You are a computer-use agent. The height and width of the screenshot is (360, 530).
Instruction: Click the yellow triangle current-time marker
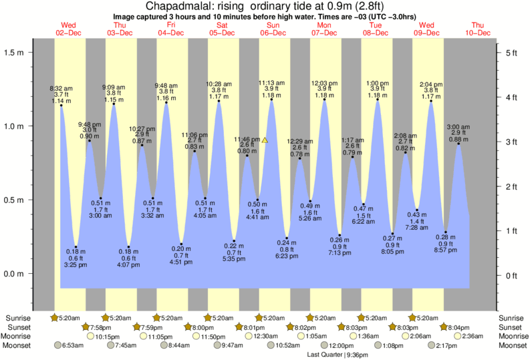[x=265, y=140]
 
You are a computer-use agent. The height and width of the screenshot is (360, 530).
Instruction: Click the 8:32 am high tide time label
[x=61, y=87]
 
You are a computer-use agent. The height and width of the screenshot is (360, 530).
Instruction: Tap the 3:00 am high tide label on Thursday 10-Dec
[x=458, y=126]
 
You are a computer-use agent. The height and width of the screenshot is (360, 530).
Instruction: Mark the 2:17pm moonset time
[x=445, y=345]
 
